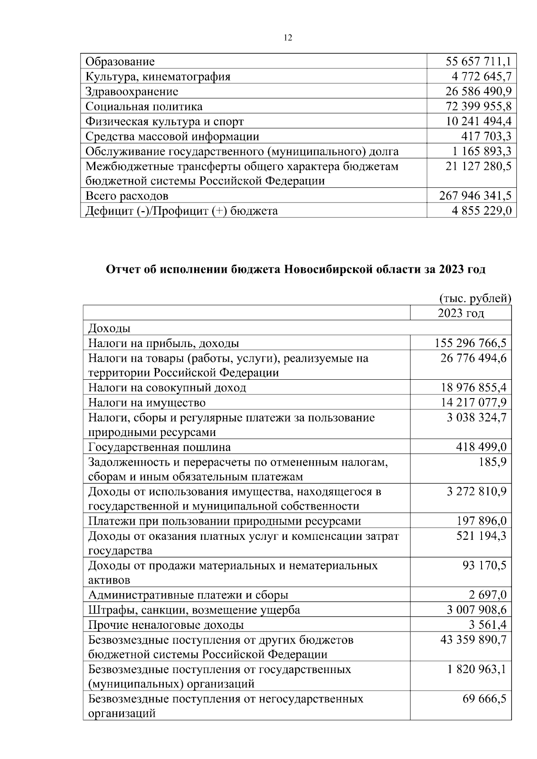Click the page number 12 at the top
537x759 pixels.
[288, 38]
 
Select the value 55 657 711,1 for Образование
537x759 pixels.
[478, 62]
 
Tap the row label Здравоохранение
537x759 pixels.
[132, 92]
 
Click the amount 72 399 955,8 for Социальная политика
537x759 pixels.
[478, 106]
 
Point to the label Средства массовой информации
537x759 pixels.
[172, 136]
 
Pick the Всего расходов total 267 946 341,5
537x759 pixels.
[476, 196]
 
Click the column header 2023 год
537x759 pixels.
[461, 313]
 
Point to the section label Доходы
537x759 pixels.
[109, 329]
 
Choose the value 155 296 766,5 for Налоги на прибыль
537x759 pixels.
[470, 343]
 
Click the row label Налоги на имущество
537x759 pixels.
[147, 403]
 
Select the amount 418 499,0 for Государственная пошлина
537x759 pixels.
[481, 447]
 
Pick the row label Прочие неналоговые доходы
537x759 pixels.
[166, 625]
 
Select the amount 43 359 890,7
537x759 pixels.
[473, 640]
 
